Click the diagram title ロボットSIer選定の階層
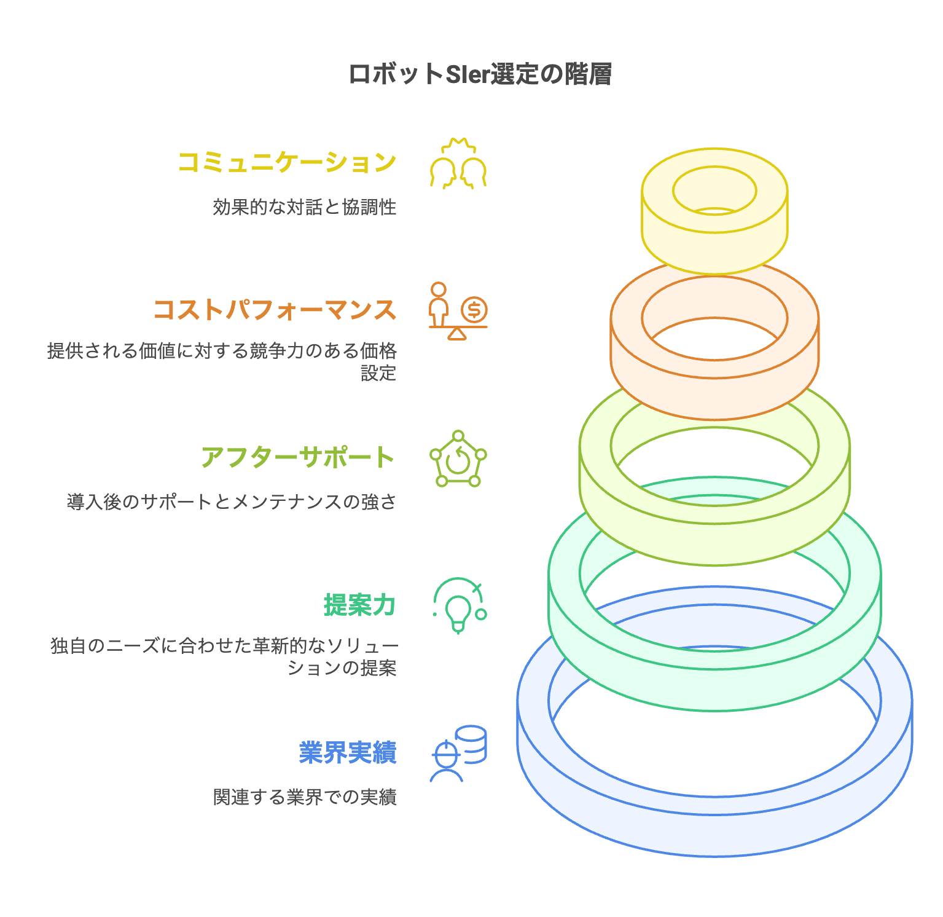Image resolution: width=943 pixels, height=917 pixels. pos(480,75)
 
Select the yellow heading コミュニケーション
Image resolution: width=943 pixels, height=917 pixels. pos(287,162)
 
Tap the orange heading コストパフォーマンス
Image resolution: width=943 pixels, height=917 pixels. pos(275,309)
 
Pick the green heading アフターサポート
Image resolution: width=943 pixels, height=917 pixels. pos(298,457)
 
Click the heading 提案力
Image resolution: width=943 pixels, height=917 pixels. pos(360,605)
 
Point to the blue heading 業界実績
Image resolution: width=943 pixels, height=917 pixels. pos(348,752)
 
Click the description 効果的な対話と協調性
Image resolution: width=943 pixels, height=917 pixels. pos(305,207)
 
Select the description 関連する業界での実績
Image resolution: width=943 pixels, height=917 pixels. pos(305,797)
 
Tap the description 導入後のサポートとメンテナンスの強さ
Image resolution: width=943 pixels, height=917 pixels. pos(232,502)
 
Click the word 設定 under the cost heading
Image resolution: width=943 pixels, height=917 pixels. pos(378,373)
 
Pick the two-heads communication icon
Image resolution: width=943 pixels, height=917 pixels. pos(458,163)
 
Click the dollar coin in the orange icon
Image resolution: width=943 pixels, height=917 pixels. pos(474,309)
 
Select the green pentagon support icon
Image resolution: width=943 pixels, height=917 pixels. pos(458,458)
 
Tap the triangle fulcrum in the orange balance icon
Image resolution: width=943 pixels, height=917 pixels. pos(457,334)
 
